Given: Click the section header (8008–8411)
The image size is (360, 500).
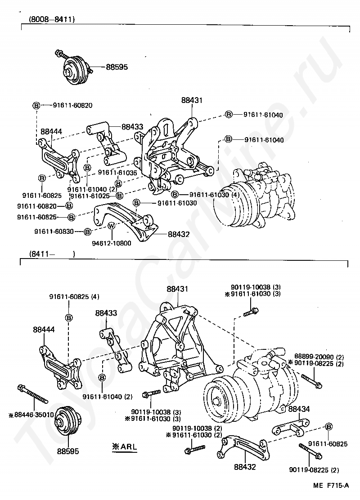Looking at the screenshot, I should (51, 19).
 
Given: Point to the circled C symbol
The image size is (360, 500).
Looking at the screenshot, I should (178, 180).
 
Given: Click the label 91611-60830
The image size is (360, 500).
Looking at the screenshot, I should (54, 231).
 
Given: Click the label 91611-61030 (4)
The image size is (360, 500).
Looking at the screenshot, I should (214, 195).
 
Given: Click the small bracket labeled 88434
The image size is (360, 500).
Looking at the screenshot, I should (289, 427).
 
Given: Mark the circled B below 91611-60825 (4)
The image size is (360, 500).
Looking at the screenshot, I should (69, 318).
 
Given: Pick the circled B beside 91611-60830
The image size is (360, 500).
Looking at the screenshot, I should (88, 231).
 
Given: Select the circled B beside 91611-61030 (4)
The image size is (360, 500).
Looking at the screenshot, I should (175, 195).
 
